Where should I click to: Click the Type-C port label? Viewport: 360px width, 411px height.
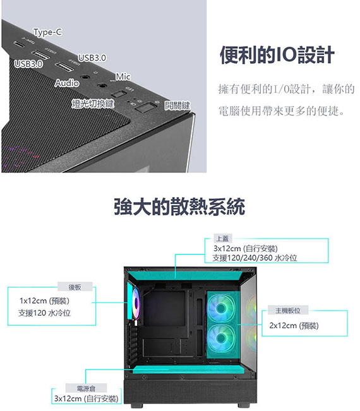(48, 32)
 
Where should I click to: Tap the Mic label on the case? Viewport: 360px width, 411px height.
(123, 76)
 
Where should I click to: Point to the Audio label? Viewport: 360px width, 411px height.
(67, 83)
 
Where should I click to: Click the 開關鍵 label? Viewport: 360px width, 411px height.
(177, 105)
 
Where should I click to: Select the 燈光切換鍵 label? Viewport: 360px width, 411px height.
(93, 104)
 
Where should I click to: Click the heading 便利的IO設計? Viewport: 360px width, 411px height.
(277, 55)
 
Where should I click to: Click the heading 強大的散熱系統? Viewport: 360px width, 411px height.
(179, 206)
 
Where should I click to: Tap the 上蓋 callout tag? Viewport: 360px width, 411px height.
(222, 239)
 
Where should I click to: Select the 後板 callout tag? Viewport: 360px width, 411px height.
(75, 287)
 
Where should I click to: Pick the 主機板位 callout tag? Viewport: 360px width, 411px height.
(288, 311)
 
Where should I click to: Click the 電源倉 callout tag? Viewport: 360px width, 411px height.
(86, 388)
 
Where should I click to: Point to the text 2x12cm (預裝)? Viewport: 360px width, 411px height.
(294, 326)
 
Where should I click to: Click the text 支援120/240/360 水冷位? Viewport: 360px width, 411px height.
(255, 258)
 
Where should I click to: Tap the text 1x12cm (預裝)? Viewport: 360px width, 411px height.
(44, 301)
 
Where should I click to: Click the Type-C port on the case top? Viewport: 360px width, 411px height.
(19, 44)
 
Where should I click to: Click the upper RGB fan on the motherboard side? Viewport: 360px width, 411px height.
(221, 308)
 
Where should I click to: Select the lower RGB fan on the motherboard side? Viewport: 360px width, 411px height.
(221, 338)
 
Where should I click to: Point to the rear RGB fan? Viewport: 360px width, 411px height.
(136, 303)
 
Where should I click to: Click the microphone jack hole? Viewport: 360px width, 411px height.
(102, 85)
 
